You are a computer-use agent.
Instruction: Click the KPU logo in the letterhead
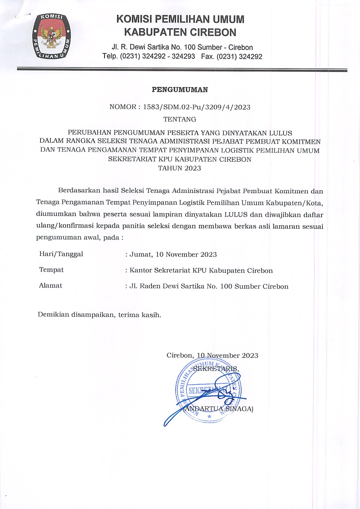coord(51,37)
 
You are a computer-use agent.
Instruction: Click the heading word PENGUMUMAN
coord(180,90)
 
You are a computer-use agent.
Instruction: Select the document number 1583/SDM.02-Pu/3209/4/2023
coord(196,107)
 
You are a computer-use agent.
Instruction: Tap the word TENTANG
coord(180,119)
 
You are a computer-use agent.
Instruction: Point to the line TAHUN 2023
coord(180,168)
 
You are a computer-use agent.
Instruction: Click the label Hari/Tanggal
coord(61,254)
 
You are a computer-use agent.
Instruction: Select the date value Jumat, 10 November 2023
coord(173,255)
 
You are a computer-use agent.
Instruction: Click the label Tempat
coord(51,270)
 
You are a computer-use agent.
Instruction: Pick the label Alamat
coord(51,286)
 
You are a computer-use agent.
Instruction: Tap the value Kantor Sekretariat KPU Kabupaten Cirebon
coord(201,270)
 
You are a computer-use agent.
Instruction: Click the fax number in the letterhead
coord(232,56)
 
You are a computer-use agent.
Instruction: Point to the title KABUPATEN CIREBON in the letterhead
coord(180,32)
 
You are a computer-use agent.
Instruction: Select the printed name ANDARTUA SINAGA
coord(218,409)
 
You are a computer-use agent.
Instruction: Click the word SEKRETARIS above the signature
coord(216,369)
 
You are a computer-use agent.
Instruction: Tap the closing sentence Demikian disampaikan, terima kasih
coord(99,315)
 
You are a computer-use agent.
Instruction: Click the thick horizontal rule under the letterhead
coord(182,70)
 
